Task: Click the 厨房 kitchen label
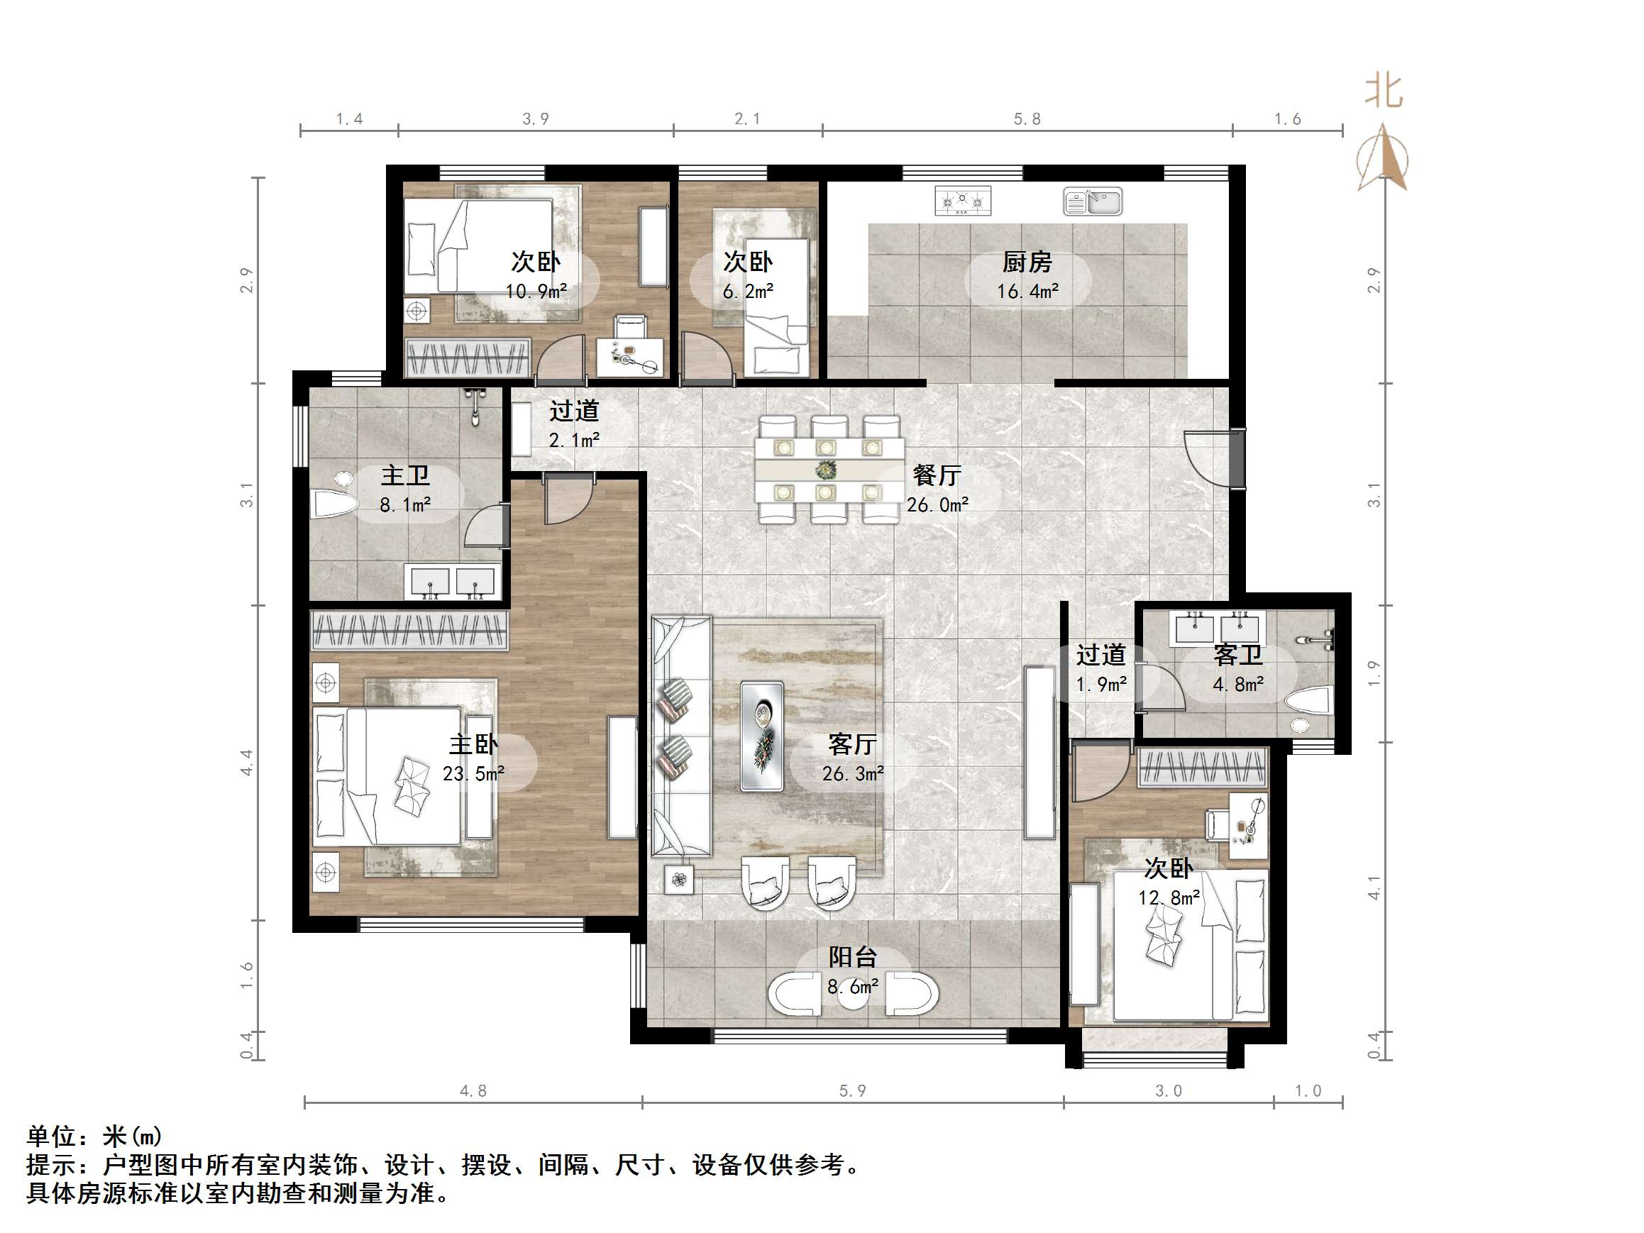[x=1027, y=262]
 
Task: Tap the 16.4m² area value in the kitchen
[x=1027, y=292]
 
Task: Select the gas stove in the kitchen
[x=962, y=201]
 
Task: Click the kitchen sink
[x=1093, y=201]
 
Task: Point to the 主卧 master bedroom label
[x=473, y=745]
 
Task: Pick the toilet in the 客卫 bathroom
[x=1309, y=701]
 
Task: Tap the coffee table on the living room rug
[x=762, y=736]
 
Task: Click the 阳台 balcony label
[x=852, y=957]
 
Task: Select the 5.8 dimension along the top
[x=1027, y=119]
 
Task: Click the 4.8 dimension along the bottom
[x=473, y=1091]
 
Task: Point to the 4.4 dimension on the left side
[x=247, y=763]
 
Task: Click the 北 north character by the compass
[x=1383, y=92]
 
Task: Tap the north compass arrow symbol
[x=1382, y=158]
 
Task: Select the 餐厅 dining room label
[x=937, y=475]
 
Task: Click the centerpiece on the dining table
[x=826, y=470]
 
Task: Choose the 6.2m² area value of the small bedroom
[x=748, y=292]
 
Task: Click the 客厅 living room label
[x=852, y=745]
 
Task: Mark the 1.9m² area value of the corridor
[x=1101, y=685]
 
